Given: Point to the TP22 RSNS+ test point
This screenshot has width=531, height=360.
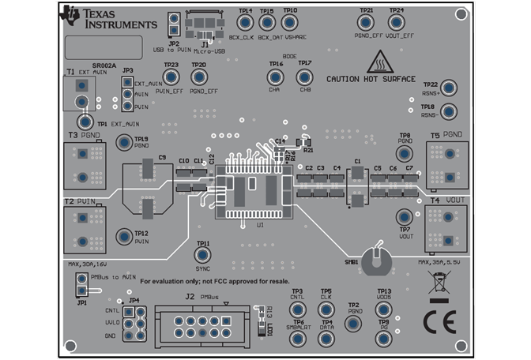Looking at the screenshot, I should click(448, 88).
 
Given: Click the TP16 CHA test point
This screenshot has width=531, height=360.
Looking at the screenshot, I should click(275, 77).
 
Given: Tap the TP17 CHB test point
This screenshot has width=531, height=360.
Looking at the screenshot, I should click(304, 77).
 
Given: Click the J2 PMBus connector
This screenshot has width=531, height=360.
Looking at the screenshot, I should click(201, 324).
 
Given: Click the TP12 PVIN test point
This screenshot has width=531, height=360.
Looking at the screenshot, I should click(124, 236).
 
